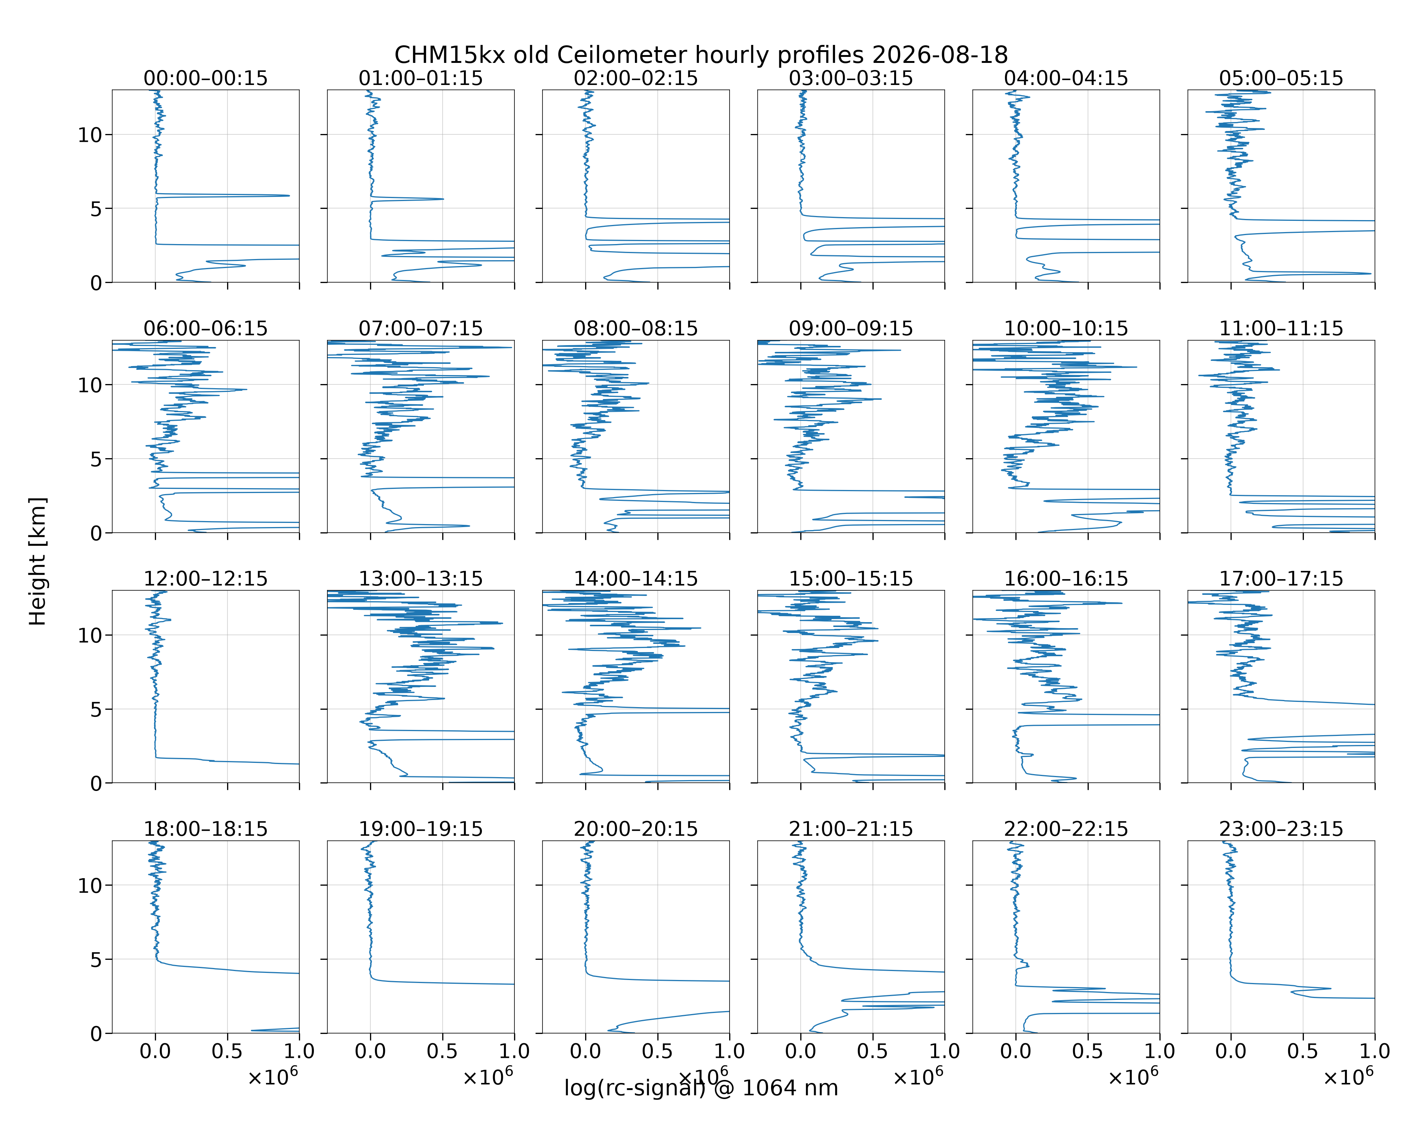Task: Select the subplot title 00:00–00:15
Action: [206, 78]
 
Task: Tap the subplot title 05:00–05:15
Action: [1281, 78]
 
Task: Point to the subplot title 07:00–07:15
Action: [421, 328]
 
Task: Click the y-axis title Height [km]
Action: [38, 561]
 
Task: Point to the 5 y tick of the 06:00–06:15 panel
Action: [96, 459]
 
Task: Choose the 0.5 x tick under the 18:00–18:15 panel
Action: [227, 1051]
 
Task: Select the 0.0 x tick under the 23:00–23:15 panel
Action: [1231, 1051]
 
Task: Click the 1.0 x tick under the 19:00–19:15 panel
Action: [514, 1051]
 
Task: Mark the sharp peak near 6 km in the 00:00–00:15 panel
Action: [289, 195]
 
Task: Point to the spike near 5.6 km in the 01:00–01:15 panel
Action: [443, 199]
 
